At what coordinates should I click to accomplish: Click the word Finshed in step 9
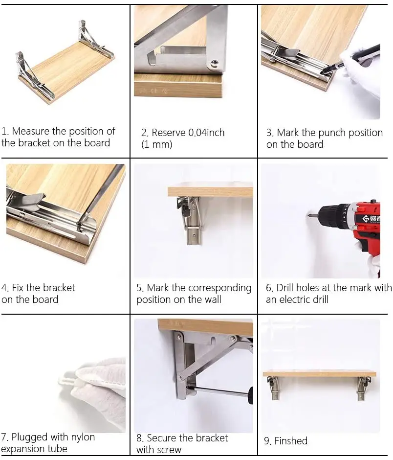point(291,441)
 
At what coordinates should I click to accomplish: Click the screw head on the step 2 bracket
point(215,63)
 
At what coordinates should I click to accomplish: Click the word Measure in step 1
point(31,131)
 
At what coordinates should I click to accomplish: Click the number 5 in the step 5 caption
point(139,288)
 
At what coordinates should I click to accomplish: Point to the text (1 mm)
point(157,145)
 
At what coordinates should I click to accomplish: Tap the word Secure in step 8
point(161,438)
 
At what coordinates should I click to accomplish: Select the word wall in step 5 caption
point(212,299)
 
